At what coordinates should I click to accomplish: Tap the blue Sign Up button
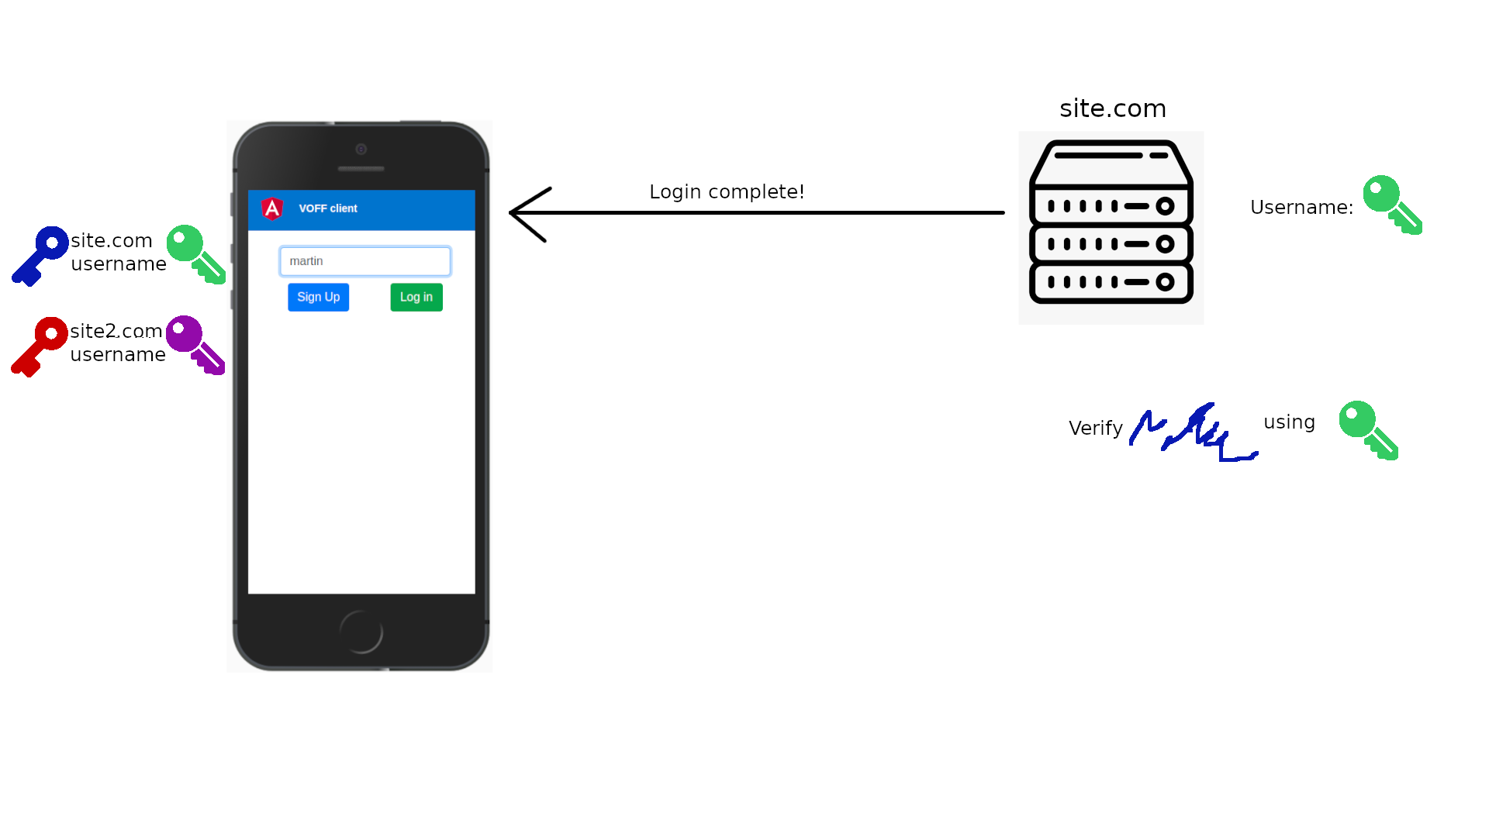[x=318, y=297]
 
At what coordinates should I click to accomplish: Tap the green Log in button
[x=416, y=297]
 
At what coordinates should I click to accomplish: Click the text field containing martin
[x=364, y=261]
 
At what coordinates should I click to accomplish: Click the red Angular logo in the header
[x=272, y=208]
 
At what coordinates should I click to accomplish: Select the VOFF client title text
[x=327, y=208]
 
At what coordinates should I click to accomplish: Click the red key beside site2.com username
[x=38, y=346]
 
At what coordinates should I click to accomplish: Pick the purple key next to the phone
[x=195, y=344]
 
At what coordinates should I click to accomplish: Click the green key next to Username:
[x=1392, y=204]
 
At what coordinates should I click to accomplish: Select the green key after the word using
[x=1368, y=429]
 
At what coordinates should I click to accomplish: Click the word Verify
[x=1095, y=429]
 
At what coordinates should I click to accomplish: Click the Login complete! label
[x=727, y=192]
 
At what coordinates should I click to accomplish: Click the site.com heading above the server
[x=1112, y=108]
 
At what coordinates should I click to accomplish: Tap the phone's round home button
[x=361, y=632]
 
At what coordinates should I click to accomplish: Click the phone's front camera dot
[x=361, y=149]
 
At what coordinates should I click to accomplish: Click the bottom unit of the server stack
[x=1111, y=283]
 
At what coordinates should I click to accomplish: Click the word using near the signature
[x=1289, y=422]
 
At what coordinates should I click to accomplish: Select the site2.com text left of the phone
[x=116, y=332]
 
